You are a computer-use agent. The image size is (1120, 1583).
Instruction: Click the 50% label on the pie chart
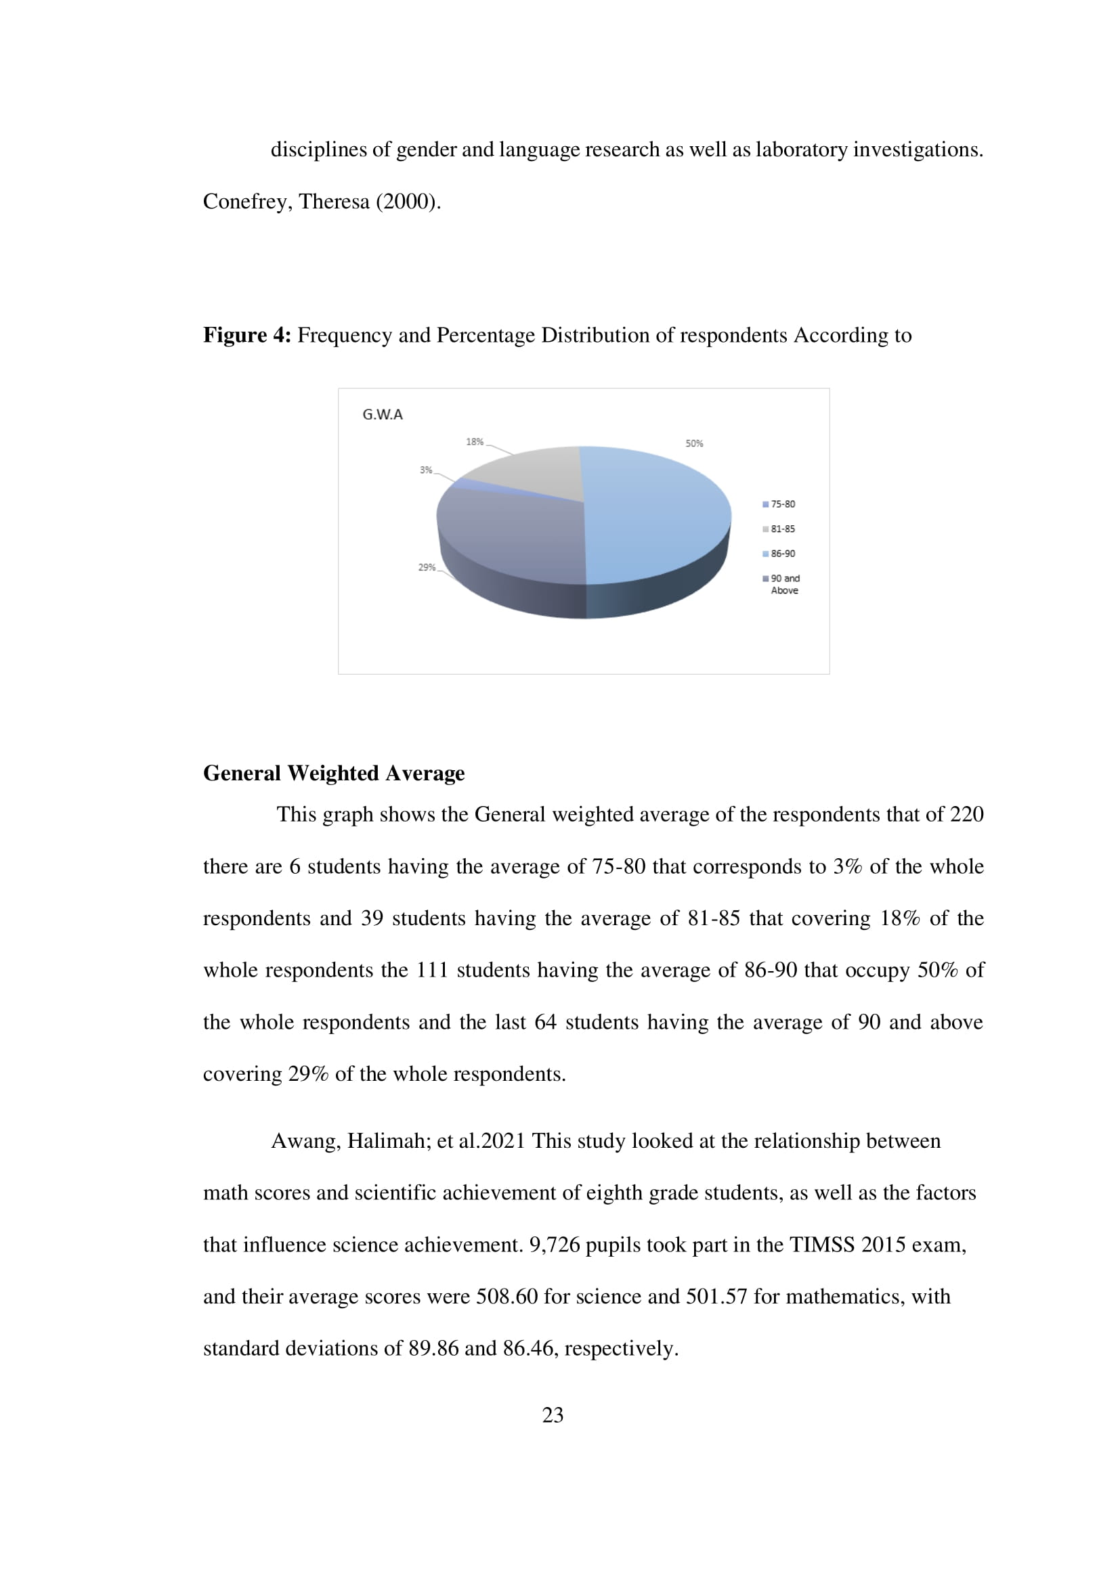pos(694,443)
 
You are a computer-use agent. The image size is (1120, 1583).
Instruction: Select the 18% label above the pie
pos(475,441)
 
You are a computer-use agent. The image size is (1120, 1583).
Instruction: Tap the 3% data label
pos(425,470)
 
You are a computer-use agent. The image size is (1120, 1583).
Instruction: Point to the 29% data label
pos(426,567)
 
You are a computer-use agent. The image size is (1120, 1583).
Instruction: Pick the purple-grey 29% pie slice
pos(511,538)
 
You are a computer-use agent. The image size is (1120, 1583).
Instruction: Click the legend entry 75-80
pos(782,504)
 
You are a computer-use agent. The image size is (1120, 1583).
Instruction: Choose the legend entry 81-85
pos(782,529)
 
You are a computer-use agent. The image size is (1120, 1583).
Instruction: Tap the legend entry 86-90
pos(782,554)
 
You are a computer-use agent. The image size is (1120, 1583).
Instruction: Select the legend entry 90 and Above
pos(785,584)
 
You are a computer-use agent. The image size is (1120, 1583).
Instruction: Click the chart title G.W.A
pos(382,414)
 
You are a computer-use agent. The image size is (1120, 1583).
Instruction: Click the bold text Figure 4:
pos(247,335)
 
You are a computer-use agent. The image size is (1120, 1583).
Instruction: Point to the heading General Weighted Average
pos(333,773)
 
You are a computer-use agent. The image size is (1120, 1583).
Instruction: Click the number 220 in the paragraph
pos(966,814)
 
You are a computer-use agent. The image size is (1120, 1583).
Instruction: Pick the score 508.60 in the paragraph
pos(507,1296)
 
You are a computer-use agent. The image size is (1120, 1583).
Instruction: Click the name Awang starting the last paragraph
pos(305,1141)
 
